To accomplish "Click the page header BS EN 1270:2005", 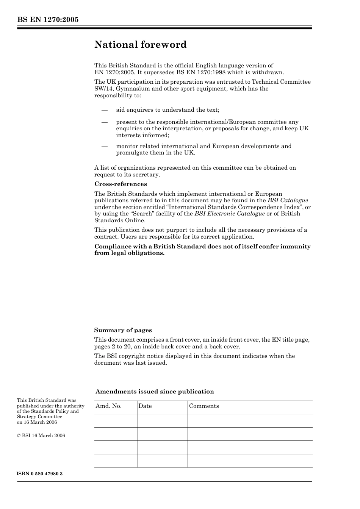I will coord(48,20).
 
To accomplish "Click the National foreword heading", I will coord(141,45).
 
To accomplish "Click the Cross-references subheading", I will coord(121,184).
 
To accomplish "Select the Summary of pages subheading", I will coord(123,330).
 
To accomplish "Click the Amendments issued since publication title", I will coord(155,392).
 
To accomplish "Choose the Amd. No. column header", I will coord(108,406).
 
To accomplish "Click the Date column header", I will coord(145,406).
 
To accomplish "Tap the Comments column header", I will coord(204,406).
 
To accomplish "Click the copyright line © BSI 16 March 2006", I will coord(41,436).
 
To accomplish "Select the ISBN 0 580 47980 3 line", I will coord(40,474).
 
